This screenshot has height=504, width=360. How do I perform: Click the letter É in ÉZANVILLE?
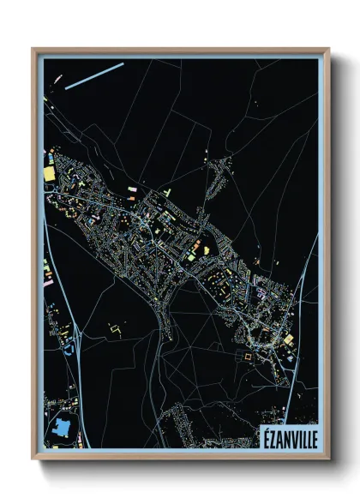point(266,440)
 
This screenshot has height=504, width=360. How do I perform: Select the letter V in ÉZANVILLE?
point(292,440)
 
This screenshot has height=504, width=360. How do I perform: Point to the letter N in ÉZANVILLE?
point(286,440)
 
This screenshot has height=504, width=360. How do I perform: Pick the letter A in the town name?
point(279,440)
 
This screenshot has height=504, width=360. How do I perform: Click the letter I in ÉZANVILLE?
point(297,440)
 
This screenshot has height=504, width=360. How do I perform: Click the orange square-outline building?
point(250,351)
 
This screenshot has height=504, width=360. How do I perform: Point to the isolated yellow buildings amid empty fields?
point(115,327)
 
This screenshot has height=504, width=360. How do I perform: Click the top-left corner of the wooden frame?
point(33,50)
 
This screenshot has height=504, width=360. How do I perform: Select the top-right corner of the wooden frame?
point(328,50)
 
